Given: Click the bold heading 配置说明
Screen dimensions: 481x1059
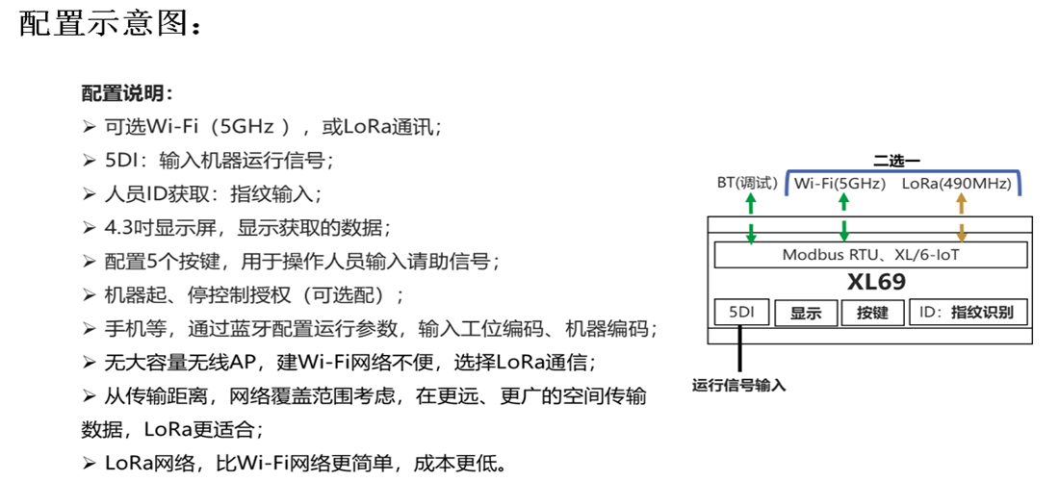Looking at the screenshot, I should click(x=126, y=93).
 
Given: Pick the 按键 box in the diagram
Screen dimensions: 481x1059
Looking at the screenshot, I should click(x=872, y=313).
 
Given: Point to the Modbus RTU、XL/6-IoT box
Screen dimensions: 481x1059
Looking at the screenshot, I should click(x=869, y=255).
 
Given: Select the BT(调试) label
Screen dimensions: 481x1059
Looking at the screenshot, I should click(x=746, y=183).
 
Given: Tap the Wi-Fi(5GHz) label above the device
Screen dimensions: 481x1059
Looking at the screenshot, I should click(x=839, y=184).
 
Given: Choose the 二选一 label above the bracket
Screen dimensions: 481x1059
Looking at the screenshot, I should click(x=897, y=159).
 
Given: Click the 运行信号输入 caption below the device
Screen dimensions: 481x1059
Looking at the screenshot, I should click(x=739, y=386).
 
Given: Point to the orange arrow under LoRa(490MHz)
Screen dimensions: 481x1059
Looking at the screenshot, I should click(x=960, y=204).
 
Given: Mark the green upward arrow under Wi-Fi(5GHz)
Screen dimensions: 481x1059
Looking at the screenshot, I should click(x=843, y=203).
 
